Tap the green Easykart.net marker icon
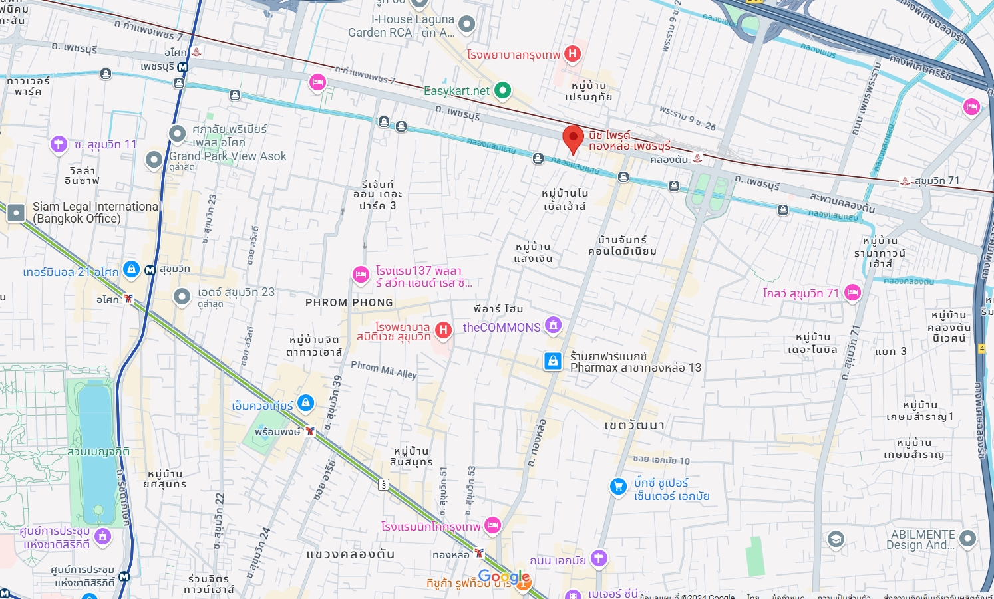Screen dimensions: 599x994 point(503,90)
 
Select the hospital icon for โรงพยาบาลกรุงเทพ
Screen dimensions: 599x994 point(572,54)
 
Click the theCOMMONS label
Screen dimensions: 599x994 point(502,327)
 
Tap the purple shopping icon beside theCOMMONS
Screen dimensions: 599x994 point(553,325)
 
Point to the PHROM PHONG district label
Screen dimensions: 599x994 point(349,302)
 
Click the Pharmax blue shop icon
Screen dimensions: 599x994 point(552,361)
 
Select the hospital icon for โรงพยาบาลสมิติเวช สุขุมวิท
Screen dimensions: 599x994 point(443,330)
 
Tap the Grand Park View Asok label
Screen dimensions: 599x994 point(228,156)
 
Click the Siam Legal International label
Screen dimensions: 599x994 point(96,213)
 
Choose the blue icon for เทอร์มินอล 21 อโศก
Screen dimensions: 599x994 point(131,269)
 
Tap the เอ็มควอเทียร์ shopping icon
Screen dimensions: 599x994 point(305,402)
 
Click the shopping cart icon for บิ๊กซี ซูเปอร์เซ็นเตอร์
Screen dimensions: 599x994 point(618,487)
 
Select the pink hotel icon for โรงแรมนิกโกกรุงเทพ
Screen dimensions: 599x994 point(492,525)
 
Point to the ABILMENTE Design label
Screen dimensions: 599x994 point(922,540)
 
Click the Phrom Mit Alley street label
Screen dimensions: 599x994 point(383,370)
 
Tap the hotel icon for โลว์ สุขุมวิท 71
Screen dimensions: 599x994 point(852,292)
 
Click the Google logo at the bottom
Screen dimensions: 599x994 point(504,577)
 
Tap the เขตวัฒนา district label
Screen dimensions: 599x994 point(634,425)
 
